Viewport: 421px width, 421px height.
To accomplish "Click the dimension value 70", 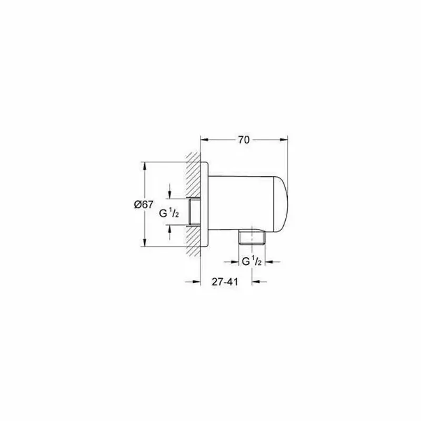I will (x=243, y=140).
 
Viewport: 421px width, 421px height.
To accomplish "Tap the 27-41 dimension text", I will (x=225, y=282).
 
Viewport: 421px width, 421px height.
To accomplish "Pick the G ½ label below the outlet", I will (x=252, y=261).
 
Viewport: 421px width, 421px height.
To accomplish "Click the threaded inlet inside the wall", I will (x=195, y=213).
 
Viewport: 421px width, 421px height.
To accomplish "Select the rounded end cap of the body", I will (x=282, y=203).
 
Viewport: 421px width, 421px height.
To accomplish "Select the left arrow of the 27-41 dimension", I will (x=196, y=282).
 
